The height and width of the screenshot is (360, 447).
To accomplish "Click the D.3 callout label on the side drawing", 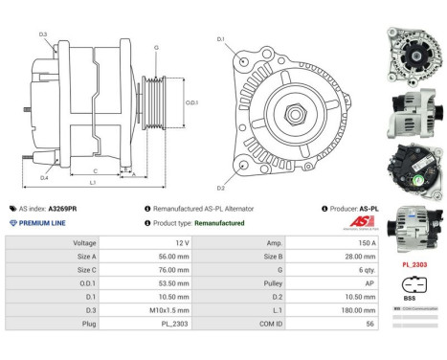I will (x=43, y=34).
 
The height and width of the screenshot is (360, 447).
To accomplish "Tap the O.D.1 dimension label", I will (x=192, y=102).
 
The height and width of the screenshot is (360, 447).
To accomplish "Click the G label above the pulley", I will (x=157, y=46).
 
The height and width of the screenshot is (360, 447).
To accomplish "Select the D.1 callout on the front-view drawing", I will (x=220, y=39).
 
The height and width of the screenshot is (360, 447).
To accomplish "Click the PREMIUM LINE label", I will (x=42, y=222).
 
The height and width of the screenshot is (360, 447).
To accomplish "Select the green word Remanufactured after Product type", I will (x=220, y=222).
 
